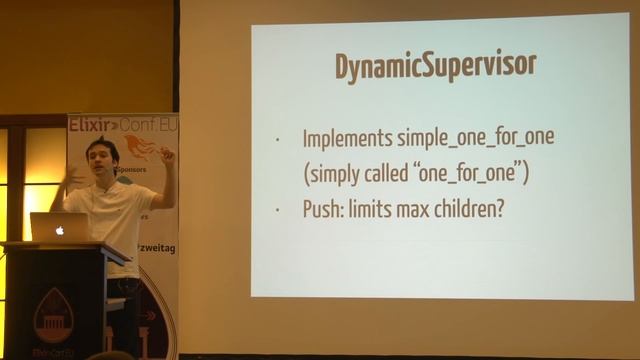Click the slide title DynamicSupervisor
coord(435,66)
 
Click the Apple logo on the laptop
coord(60,228)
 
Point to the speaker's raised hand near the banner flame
coord(166,156)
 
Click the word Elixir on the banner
coord(88,125)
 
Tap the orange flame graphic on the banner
coord(139,148)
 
